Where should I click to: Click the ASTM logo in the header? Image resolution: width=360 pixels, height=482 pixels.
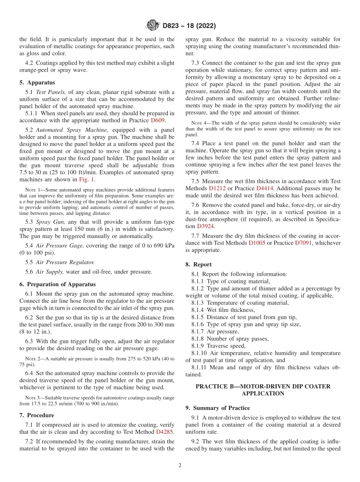[152, 25]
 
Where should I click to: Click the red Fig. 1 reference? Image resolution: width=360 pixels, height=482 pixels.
[87, 180]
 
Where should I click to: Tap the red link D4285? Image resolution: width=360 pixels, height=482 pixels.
[165, 432]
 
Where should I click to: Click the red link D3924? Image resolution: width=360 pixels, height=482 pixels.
[205, 226]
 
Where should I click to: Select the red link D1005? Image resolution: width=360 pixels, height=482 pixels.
[257, 243]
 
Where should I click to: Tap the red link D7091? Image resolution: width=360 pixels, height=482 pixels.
[304, 243]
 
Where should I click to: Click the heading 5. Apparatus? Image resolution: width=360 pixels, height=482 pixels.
[37, 83]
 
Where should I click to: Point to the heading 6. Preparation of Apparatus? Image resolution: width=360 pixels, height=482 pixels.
[57, 284]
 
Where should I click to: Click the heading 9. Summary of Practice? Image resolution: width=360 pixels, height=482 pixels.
[218, 408]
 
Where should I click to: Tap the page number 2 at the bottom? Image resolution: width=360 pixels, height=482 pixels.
[180, 466]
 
